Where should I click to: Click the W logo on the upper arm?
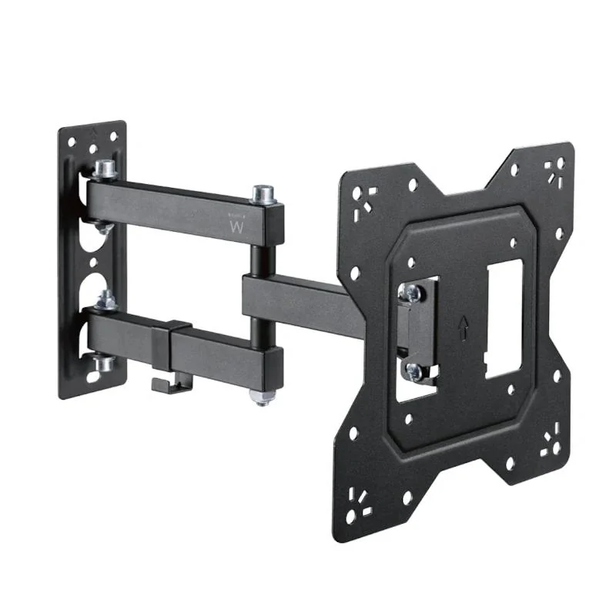click(x=236, y=226)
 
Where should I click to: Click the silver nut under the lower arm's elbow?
click(x=261, y=397)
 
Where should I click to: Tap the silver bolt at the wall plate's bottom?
click(x=103, y=362)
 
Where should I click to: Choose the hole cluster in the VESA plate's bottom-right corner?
click(x=550, y=442)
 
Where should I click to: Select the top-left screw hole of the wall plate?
click(x=71, y=142)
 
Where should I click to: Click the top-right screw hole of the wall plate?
click(x=113, y=137)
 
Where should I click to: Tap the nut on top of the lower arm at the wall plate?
click(x=107, y=301)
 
